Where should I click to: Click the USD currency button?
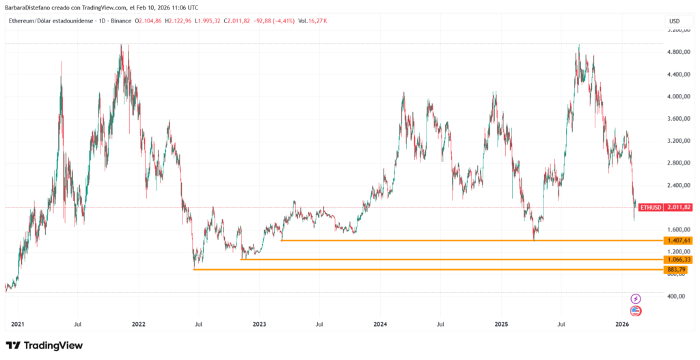point(673,21)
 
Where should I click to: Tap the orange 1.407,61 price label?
point(678,240)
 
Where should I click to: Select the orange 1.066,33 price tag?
point(678,260)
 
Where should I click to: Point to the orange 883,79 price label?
point(678,270)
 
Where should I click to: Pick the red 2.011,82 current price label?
point(679,207)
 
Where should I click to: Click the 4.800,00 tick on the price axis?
point(679,52)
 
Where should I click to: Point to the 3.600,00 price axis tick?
point(679,119)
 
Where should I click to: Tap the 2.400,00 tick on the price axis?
point(679,185)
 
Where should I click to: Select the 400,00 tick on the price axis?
point(677,296)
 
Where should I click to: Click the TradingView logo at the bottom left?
point(44,346)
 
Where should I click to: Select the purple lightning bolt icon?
point(636,299)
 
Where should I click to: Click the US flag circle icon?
point(636,311)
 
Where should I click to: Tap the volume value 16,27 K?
point(317,21)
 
